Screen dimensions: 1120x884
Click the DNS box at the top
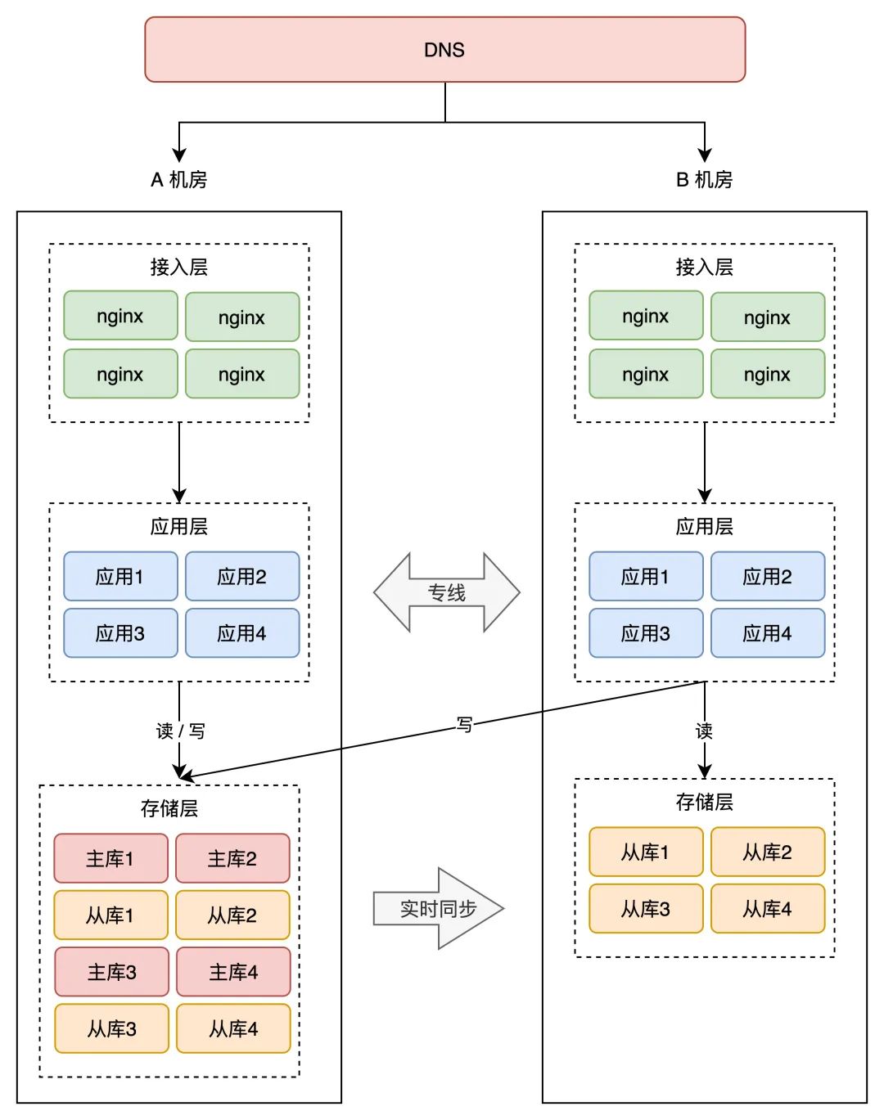pos(444,50)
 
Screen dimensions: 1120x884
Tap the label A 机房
pos(178,180)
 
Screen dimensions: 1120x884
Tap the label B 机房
pos(704,180)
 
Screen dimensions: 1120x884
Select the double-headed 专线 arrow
pos(446,592)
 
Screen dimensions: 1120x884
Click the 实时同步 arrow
pos(439,908)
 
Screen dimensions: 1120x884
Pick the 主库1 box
pos(110,858)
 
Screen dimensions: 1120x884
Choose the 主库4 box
pos(233,972)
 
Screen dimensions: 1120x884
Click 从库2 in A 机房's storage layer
pos(232,915)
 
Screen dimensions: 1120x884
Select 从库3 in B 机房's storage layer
pos(646,909)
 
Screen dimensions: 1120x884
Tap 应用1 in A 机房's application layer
pos(120,577)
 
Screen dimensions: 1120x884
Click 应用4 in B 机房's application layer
pos(767,633)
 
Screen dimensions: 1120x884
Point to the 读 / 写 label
pos(180,731)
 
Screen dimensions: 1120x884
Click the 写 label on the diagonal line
pos(464,724)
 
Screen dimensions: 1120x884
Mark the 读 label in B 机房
pos(704,731)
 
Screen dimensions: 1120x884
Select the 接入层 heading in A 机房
pos(178,267)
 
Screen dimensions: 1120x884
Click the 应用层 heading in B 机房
pos(704,526)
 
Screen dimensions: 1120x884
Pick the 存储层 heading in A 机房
pos(169,808)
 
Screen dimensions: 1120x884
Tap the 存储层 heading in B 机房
pos(704,802)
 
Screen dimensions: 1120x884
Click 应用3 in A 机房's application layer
pos(120,633)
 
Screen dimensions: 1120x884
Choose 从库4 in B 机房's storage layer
pos(767,909)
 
